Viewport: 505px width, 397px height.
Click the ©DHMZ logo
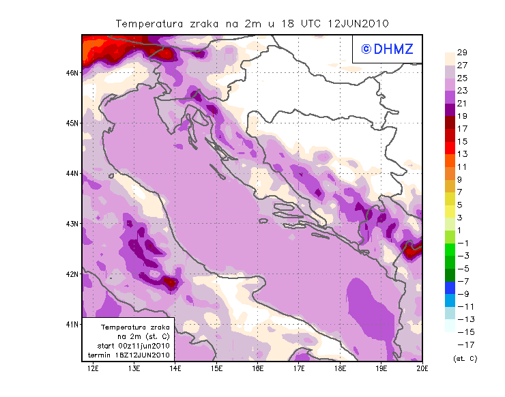click(x=387, y=48)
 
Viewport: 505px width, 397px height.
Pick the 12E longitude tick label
click(x=93, y=369)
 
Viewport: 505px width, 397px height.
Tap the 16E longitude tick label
click(x=258, y=369)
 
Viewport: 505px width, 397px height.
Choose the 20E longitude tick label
click(x=422, y=369)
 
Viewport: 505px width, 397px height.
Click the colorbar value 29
click(x=462, y=53)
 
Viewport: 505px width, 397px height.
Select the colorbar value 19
click(x=462, y=116)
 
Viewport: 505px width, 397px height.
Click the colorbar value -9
click(x=463, y=293)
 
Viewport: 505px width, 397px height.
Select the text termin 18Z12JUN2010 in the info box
click(x=130, y=355)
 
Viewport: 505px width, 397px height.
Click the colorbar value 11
click(x=462, y=166)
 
